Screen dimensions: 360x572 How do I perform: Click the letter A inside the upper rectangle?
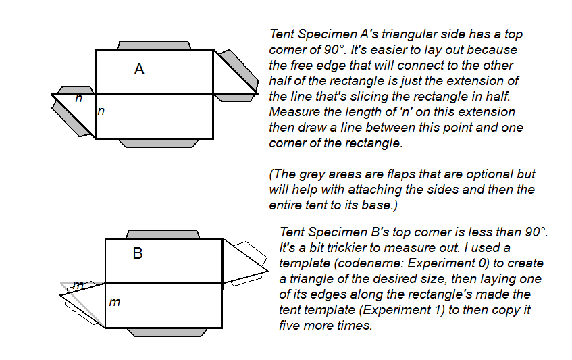tap(139, 69)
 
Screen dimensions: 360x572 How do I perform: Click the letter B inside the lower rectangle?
tap(138, 254)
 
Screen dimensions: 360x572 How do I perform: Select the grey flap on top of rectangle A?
tap(154, 45)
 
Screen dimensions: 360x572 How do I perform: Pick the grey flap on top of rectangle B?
tap(164, 234)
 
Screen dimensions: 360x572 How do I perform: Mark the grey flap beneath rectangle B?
tap(164, 332)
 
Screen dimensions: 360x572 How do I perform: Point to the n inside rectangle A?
tap(101, 111)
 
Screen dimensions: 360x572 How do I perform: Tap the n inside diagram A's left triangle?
tap(79, 99)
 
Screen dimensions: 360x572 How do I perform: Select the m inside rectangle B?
tap(115, 302)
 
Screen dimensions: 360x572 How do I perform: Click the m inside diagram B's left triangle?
tap(79, 286)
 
